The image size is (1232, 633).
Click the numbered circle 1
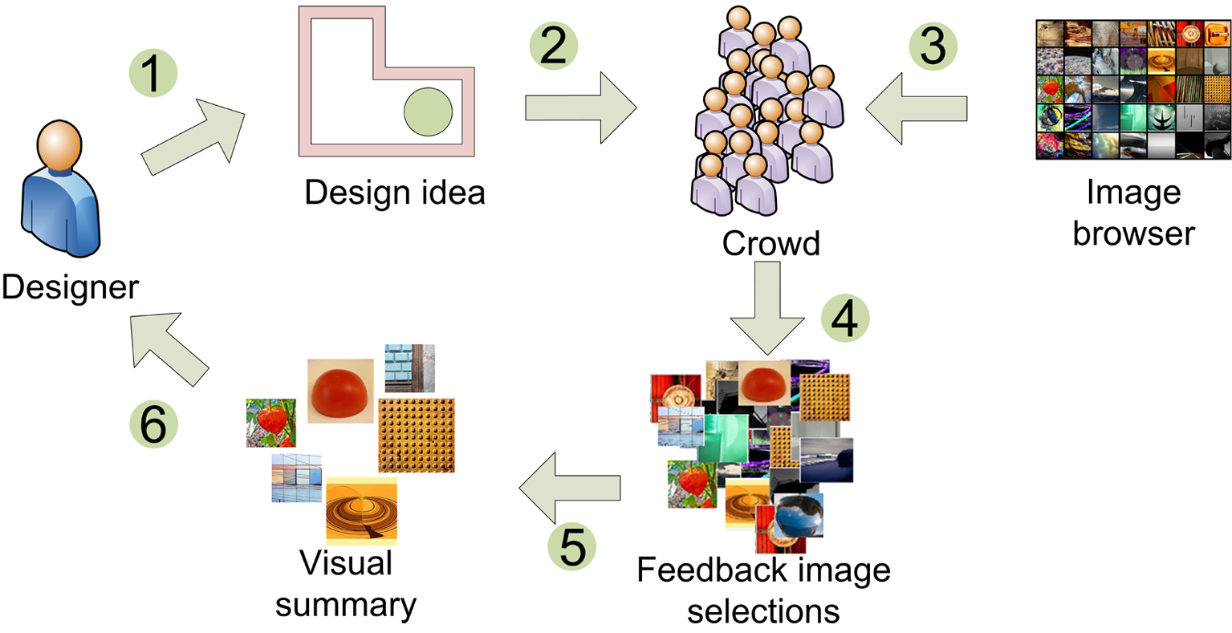pyautogui.click(x=152, y=75)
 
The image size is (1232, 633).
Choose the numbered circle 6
pyautogui.click(x=153, y=423)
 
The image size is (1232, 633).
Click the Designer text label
pyautogui.click(x=70, y=287)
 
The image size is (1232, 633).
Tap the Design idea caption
pyautogui.click(x=395, y=193)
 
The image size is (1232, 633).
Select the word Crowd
pyautogui.click(x=771, y=243)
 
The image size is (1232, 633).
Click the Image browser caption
pyautogui.click(x=1133, y=213)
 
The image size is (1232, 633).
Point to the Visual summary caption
pyautogui.click(x=346, y=584)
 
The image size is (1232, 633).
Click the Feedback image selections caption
pyautogui.click(x=763, y=591)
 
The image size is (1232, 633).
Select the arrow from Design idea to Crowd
pyautogui.click(x=579, y=108)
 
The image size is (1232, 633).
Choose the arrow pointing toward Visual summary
pyautogui.click(x=570, y=485)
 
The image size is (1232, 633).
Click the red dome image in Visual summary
pyautogui.click(x=340, y=390)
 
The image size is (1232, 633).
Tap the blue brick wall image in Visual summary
pyautogui.click(x=409, y=367)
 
